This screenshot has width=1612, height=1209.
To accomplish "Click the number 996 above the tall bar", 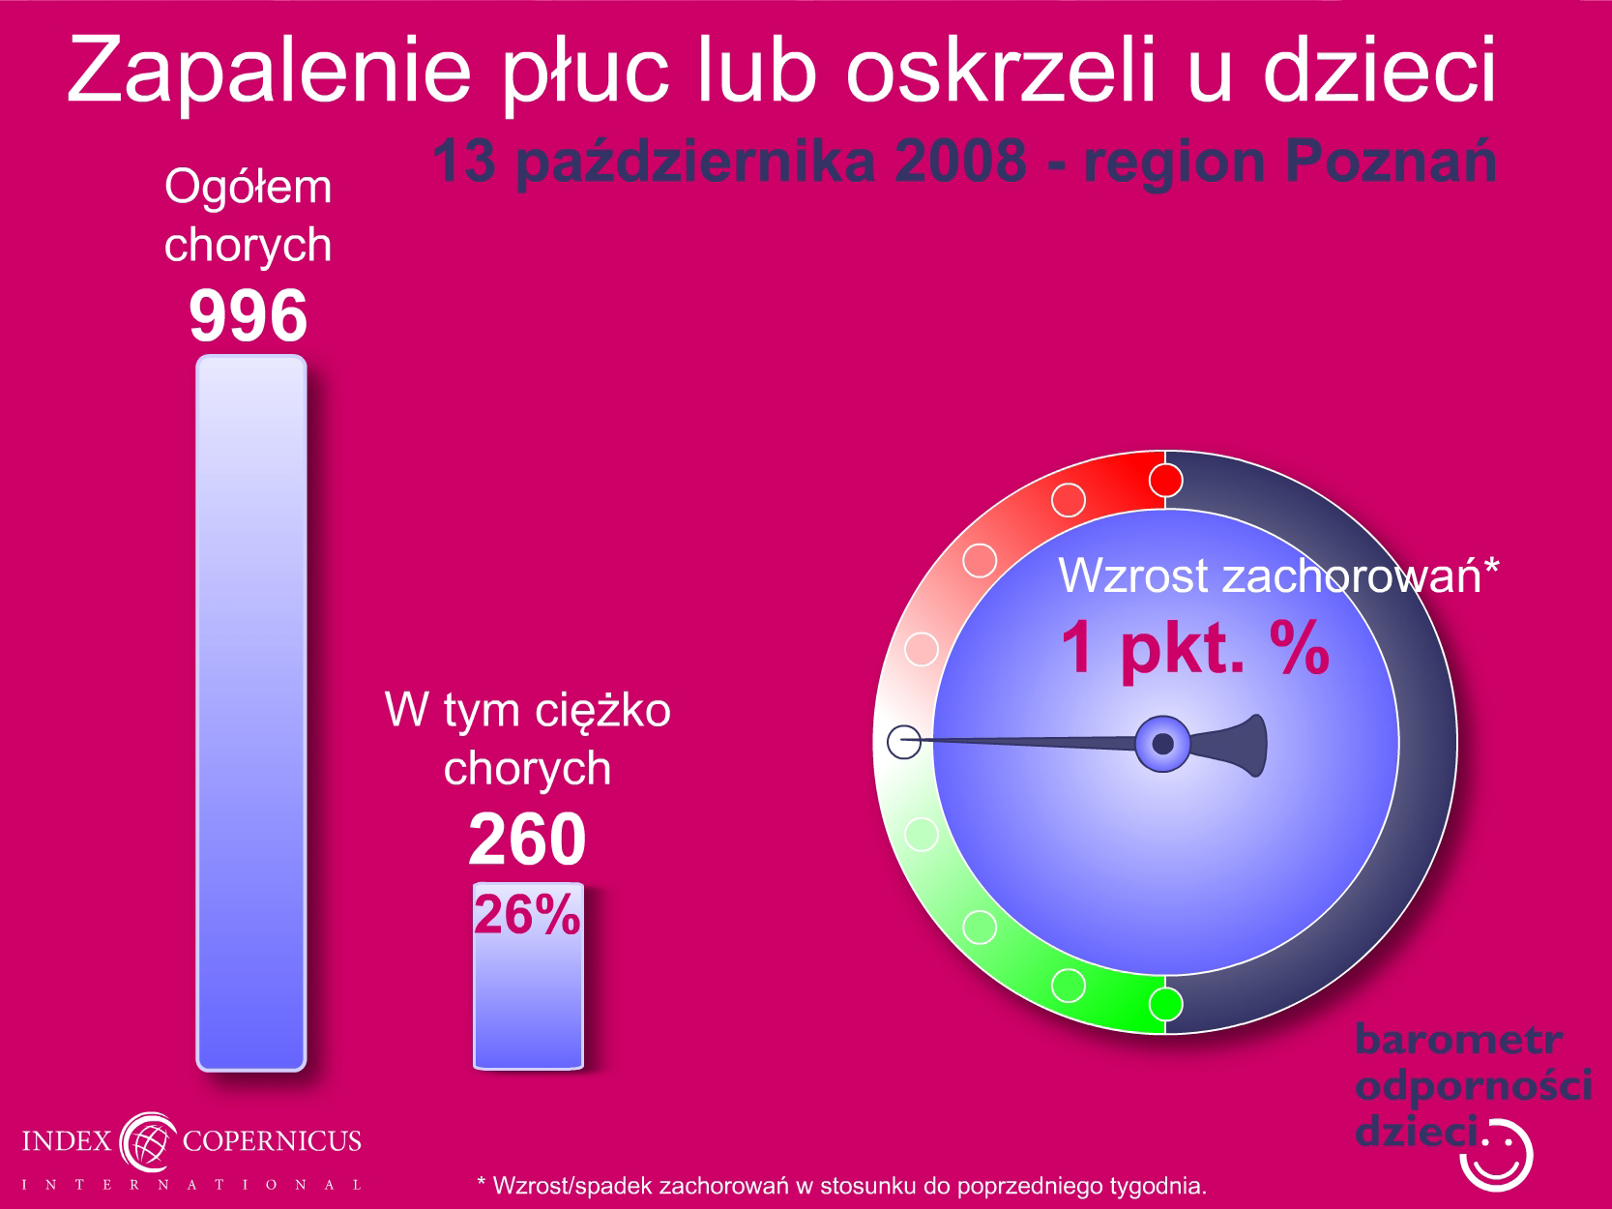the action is click(248, 316).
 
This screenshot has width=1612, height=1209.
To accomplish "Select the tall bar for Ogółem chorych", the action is click(251, 713).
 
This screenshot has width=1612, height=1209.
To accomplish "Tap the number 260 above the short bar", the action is click(527, 839).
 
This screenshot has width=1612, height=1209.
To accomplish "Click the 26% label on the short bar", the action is click(527, 914).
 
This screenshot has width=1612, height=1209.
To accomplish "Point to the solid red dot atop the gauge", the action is click(1165, 481).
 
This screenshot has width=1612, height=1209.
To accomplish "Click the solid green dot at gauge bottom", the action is click(1165, 1004).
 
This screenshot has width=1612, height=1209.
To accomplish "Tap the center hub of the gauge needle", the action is click(1162, 744).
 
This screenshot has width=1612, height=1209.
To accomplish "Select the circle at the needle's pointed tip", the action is click(904, 742).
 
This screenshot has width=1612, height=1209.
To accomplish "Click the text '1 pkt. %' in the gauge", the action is click(1195, 646).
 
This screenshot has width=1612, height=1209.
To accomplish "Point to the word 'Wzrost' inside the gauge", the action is click(1133, 575).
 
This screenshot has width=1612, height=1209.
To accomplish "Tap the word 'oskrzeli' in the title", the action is click(1001, 69).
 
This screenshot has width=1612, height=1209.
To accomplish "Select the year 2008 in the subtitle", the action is click(960, 161).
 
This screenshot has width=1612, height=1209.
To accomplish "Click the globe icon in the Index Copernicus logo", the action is click(148, 1142).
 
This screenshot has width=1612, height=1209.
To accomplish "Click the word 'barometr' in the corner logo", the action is click(1458, 1040).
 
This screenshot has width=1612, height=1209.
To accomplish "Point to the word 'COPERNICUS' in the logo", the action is click(272, 1140).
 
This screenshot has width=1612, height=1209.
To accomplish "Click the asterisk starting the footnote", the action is click(482, 1182).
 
